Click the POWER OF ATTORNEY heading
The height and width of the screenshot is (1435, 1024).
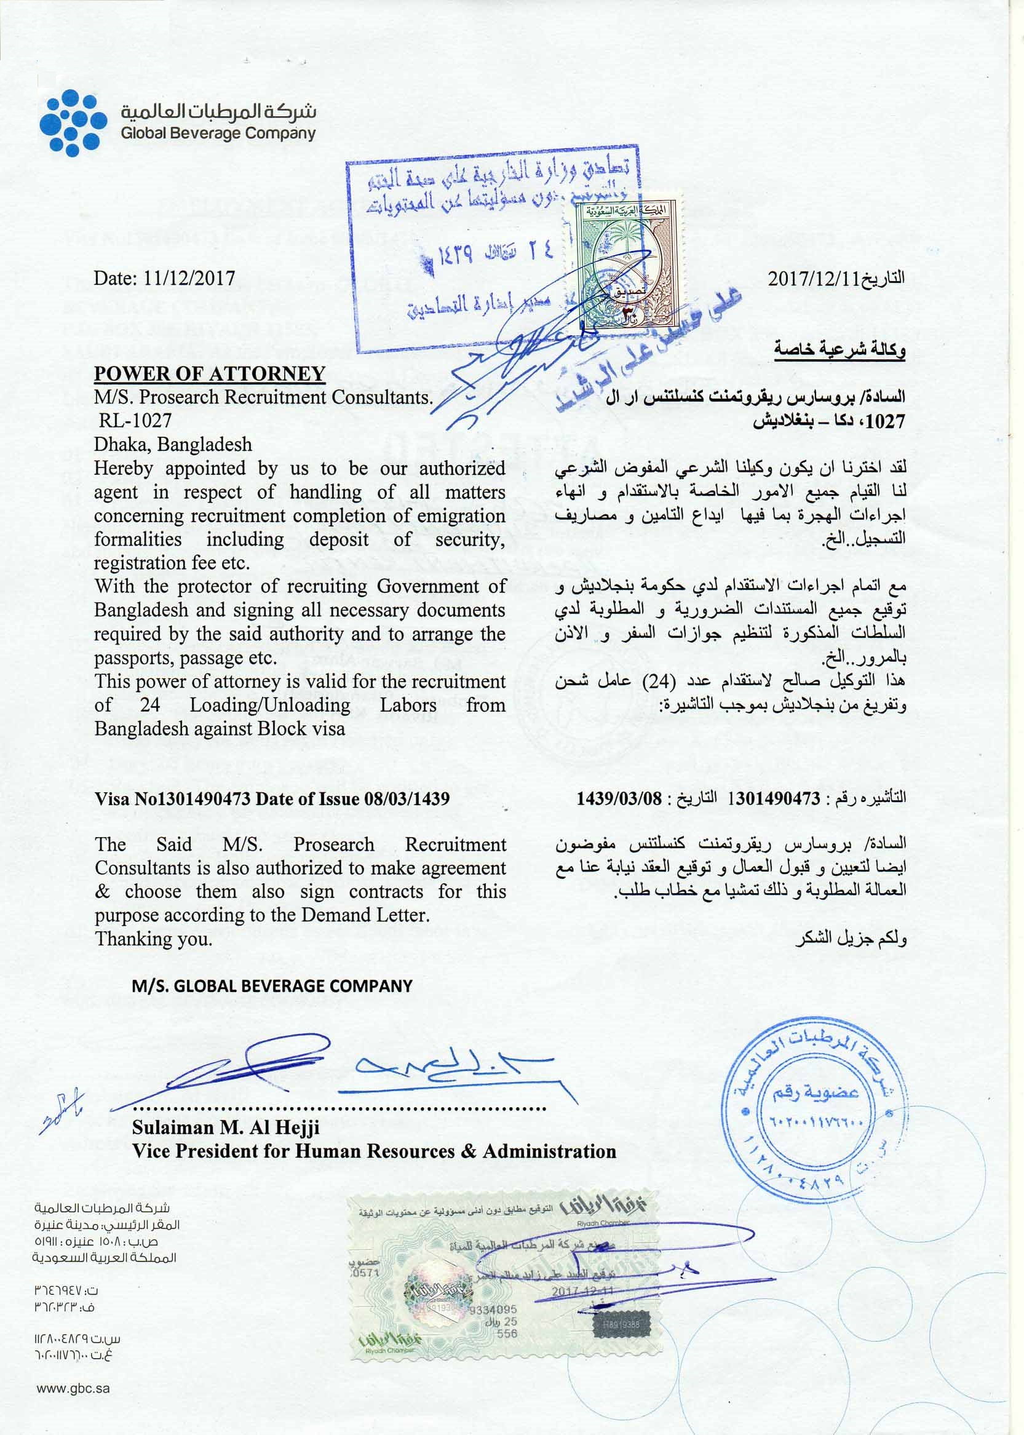209,373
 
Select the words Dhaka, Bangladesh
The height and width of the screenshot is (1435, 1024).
173,445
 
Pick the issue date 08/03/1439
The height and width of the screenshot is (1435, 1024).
407,799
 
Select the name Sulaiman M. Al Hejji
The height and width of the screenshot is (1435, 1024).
226,1127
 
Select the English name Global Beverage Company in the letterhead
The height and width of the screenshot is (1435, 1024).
218,133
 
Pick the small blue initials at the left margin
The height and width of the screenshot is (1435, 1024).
60,1111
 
